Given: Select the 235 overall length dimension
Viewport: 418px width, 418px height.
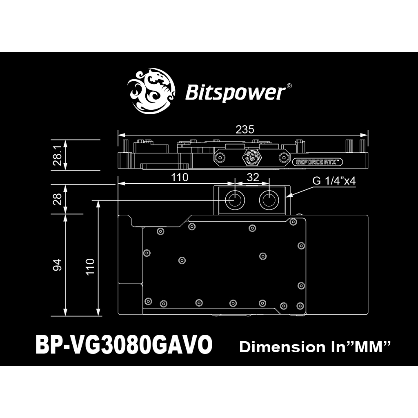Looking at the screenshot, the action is click(x=245, y=129).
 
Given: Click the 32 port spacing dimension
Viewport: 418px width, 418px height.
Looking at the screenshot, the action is click(x=253, y=177).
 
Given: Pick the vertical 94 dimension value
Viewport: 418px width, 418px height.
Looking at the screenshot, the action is click(x=57, y=265).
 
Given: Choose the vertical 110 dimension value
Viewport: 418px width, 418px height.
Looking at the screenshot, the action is click(x=89, y=267).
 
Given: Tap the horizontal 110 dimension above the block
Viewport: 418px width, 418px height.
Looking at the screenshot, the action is click(x=180, y=177).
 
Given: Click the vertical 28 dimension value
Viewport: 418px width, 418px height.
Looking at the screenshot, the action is click(x=58, y=199).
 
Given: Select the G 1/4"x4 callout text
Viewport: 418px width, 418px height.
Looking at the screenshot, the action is click(x=334, y=181).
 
